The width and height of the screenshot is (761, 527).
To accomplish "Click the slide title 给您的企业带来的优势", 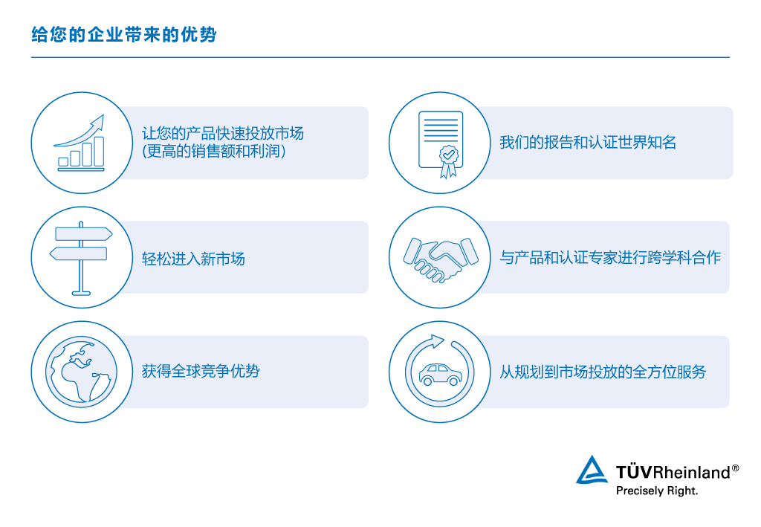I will (124, 35).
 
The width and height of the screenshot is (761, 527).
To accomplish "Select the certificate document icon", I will (440, 143).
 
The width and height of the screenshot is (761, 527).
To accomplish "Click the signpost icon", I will (81, 257).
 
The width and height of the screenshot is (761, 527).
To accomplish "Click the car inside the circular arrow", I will (440, 373).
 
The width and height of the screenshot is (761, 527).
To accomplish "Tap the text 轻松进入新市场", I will (193, 259).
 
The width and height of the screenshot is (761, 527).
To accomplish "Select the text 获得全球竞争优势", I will (201, 371).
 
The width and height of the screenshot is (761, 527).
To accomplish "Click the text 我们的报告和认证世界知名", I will (587, 143).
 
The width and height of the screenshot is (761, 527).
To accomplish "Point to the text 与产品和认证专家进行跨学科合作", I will (610, 258).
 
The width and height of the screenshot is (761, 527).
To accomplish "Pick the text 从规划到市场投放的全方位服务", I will (602, 372).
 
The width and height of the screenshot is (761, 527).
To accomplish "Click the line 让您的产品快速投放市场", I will (223, 134).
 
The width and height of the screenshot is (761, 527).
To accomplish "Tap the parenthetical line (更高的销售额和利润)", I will (214, 151).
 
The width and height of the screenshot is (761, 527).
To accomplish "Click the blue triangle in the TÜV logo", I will (592, 471).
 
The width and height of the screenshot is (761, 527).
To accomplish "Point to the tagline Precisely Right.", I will (657, 491).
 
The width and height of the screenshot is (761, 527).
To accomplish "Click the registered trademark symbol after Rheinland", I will (736, 468).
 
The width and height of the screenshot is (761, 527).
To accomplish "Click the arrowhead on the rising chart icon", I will (97, 120).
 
